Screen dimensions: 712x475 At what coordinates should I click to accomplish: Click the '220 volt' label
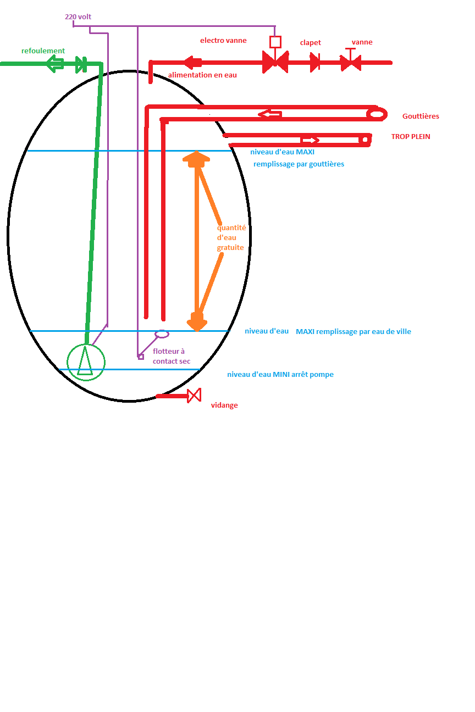[x=78, y=16]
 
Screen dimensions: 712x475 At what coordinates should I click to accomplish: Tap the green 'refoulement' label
[x=43, y=51]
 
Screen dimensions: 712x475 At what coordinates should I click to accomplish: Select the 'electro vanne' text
[x=223, y=40]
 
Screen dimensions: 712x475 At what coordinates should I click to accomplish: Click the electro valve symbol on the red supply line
[x=275, y=62]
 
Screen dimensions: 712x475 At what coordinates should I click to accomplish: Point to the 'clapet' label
[x=311, y=42]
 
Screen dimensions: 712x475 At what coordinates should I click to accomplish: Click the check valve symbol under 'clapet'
[x=315, y=62]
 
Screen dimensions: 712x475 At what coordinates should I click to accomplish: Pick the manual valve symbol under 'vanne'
[x=350, y=62]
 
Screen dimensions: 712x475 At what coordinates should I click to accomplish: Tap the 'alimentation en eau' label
[x=202, y=75]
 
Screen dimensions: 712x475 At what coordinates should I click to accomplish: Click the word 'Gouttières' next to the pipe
[x=421, y=116]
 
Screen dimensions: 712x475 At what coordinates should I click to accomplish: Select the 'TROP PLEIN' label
[x=411, y=136]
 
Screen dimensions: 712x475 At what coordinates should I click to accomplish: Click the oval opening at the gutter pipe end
[x=377, y=114]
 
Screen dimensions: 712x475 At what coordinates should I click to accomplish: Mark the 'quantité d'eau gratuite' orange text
[x=231, y=237]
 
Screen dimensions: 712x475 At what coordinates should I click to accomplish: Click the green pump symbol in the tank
[x=85, y=361]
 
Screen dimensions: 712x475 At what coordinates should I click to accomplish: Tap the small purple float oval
[x=162, y=333]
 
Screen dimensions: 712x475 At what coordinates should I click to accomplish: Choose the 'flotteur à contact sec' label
[x=172, y=356]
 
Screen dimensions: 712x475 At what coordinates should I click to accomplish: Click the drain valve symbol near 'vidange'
[x=194, y=396]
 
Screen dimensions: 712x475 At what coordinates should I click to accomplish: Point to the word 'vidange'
[x=224, y=405]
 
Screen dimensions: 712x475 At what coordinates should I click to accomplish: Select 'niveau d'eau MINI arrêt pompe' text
[x=280, y=375]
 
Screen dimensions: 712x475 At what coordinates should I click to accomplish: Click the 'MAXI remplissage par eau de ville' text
[x=354, y=331]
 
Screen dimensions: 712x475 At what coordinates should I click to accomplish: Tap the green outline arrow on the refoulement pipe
[x=55, y=64]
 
